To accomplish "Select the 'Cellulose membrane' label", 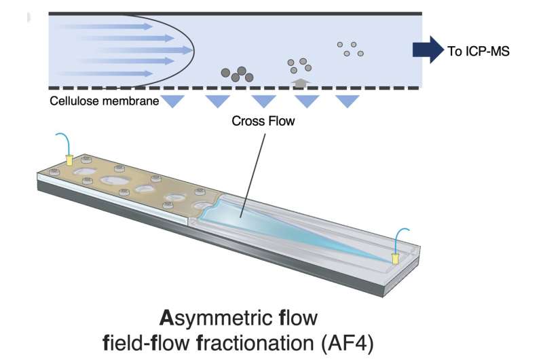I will tap(104, 102).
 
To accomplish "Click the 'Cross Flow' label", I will tap(264, 122).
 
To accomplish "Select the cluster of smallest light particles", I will tap(350, 49).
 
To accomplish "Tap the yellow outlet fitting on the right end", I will tap(395, 259).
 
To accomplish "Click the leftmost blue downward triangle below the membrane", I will tap(174, 101).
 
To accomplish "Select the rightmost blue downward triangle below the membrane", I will tap(348, 101).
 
